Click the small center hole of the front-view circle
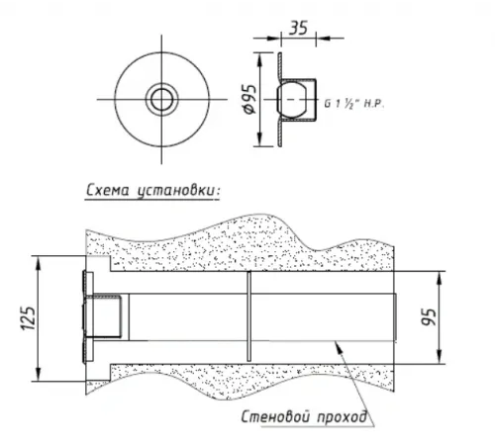[x=158, y=100]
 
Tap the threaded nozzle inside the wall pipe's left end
[x=108, y=318]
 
